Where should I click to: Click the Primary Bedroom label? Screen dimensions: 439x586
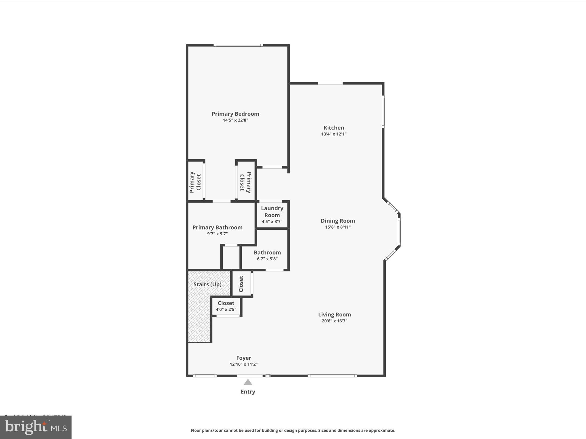coord(235,114)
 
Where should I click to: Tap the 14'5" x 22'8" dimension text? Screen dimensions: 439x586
coord(235,120)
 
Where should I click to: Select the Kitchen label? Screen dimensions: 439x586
coord(334,128)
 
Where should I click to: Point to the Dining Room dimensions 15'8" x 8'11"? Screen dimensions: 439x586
coord(338,227)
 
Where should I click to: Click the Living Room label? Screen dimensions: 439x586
coord(334,314)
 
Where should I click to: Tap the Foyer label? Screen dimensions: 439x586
coord(243,358)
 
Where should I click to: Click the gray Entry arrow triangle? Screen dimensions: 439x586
coord(248,382)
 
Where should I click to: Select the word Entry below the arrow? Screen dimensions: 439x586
coord(248,392)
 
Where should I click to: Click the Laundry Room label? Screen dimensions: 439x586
coord(272,212)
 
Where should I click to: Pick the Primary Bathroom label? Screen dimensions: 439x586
coord(217,228)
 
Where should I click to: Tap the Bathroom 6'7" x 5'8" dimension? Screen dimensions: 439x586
coord(267,259)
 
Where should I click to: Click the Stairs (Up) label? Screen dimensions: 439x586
coord(207,284)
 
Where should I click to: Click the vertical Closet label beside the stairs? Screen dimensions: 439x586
coord(241,284)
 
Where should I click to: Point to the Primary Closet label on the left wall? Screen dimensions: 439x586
coord(195,182)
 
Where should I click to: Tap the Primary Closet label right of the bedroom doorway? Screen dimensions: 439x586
coord(246,182)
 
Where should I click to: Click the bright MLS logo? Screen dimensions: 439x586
coord(36,427)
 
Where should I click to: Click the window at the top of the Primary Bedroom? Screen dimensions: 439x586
coord(238,45)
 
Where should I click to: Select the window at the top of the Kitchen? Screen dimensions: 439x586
coord(330,83)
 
